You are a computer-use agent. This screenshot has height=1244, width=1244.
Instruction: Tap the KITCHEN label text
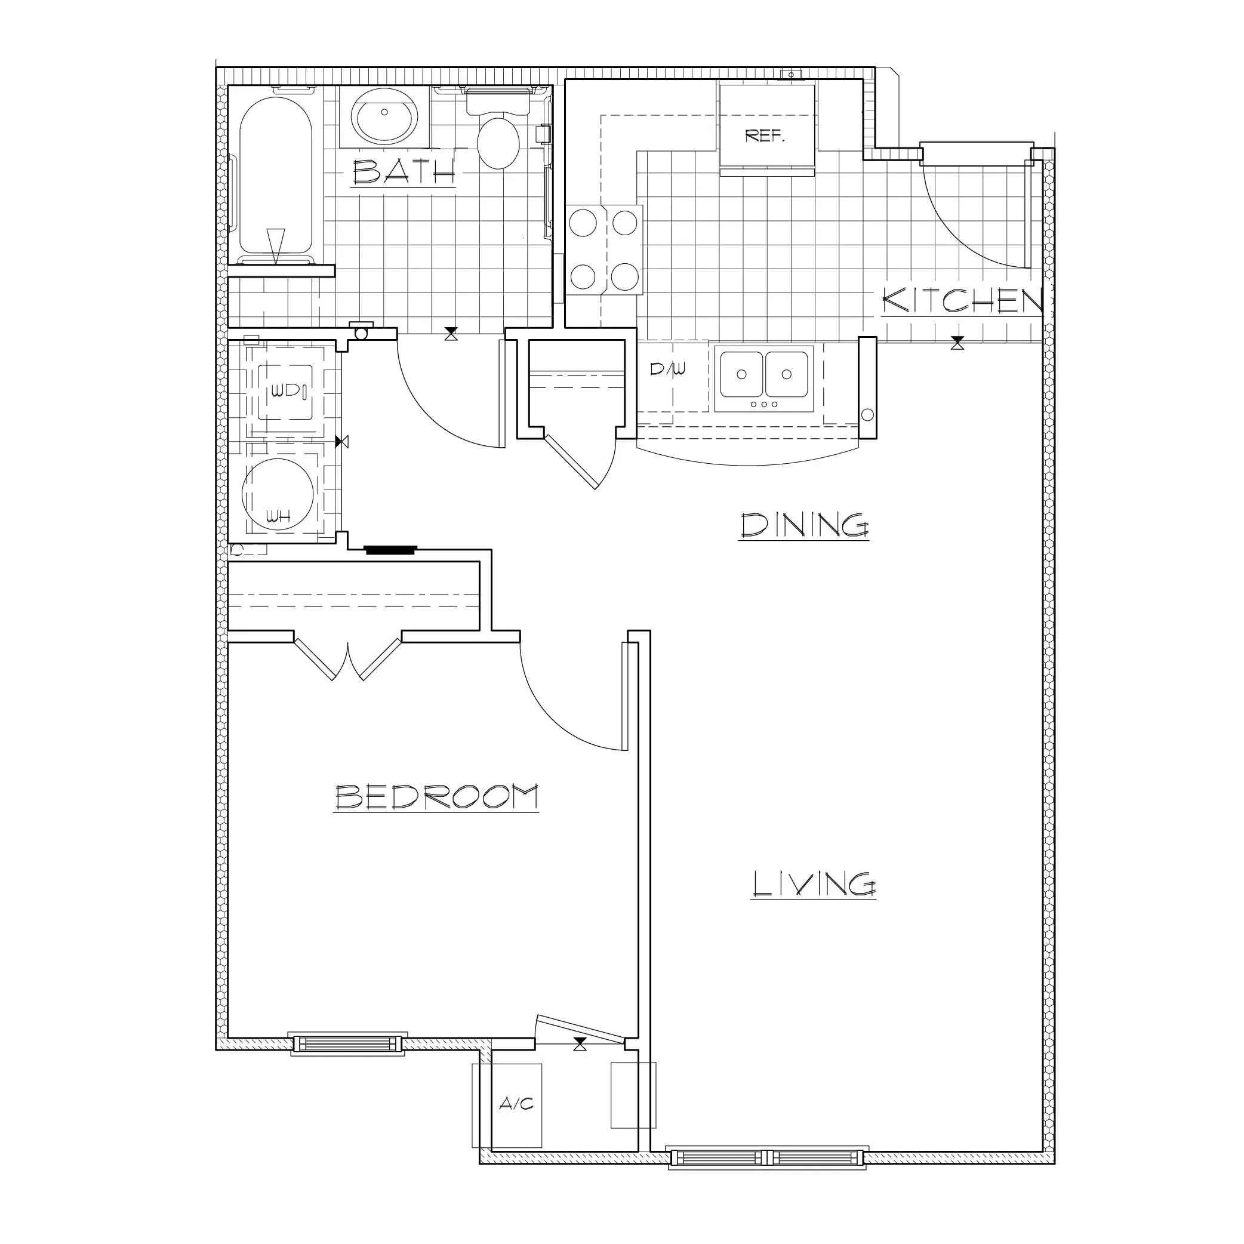point(962,301)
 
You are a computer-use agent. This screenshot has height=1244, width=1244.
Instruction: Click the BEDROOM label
point(436,796)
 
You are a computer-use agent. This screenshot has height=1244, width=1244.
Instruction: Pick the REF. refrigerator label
point(764,136)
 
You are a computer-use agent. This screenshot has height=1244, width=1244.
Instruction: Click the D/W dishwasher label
point(667,369)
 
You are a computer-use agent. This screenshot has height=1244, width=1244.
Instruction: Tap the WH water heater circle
point(278,494)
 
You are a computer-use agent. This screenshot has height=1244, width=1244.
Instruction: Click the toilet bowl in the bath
point(498,142)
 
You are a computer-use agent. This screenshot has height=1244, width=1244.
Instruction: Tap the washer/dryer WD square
point(286,392)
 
